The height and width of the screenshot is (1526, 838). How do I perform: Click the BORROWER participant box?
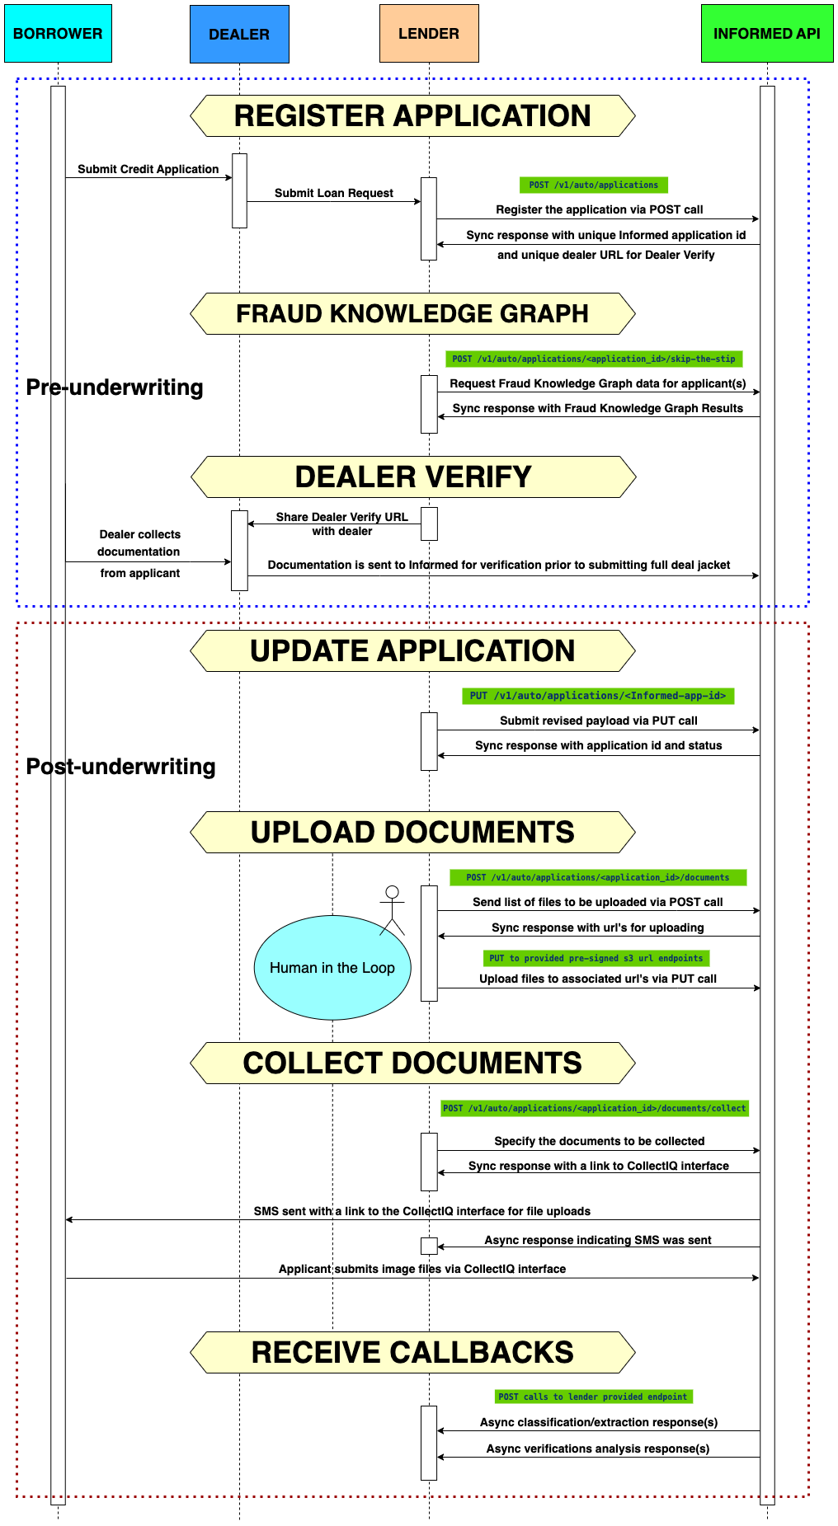[x=58, y=33]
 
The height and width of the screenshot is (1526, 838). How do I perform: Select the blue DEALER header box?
[x=239, y=34]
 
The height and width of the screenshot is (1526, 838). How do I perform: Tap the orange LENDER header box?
[x=429, y=33]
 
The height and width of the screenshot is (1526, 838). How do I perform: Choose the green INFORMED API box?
[x=766, y=33]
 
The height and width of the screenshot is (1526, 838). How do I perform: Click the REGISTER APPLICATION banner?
[x=412, y=115]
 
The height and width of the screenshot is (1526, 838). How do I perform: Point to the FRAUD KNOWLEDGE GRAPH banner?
[x=412, y=313]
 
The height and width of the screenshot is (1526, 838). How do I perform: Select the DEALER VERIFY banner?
[x=412, y=477]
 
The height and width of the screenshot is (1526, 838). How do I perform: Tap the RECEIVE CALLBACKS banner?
[x=412, y=1352]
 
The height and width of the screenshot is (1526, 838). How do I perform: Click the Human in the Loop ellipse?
[x=332, y=968]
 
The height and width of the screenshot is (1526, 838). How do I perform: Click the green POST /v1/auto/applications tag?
[x=593, y=185]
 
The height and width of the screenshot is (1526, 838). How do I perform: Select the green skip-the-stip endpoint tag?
[x=594, y=359]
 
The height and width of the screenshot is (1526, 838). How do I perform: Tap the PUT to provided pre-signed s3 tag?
[x=596, y=958]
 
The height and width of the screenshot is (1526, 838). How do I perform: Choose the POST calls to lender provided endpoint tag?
[x=593, y=1397]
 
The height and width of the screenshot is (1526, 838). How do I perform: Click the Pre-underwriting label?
[x=115, y=387]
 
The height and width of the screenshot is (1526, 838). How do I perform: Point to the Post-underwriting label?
[x=120, y=767]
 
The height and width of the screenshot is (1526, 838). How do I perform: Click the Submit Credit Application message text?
[x=148, y=169]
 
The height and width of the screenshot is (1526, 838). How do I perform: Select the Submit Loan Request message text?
[x=334, y=193]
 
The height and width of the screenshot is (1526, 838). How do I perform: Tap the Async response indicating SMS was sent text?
[x=597, y=1240]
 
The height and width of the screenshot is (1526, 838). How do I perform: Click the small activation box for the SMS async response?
[x=429, y=1246]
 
